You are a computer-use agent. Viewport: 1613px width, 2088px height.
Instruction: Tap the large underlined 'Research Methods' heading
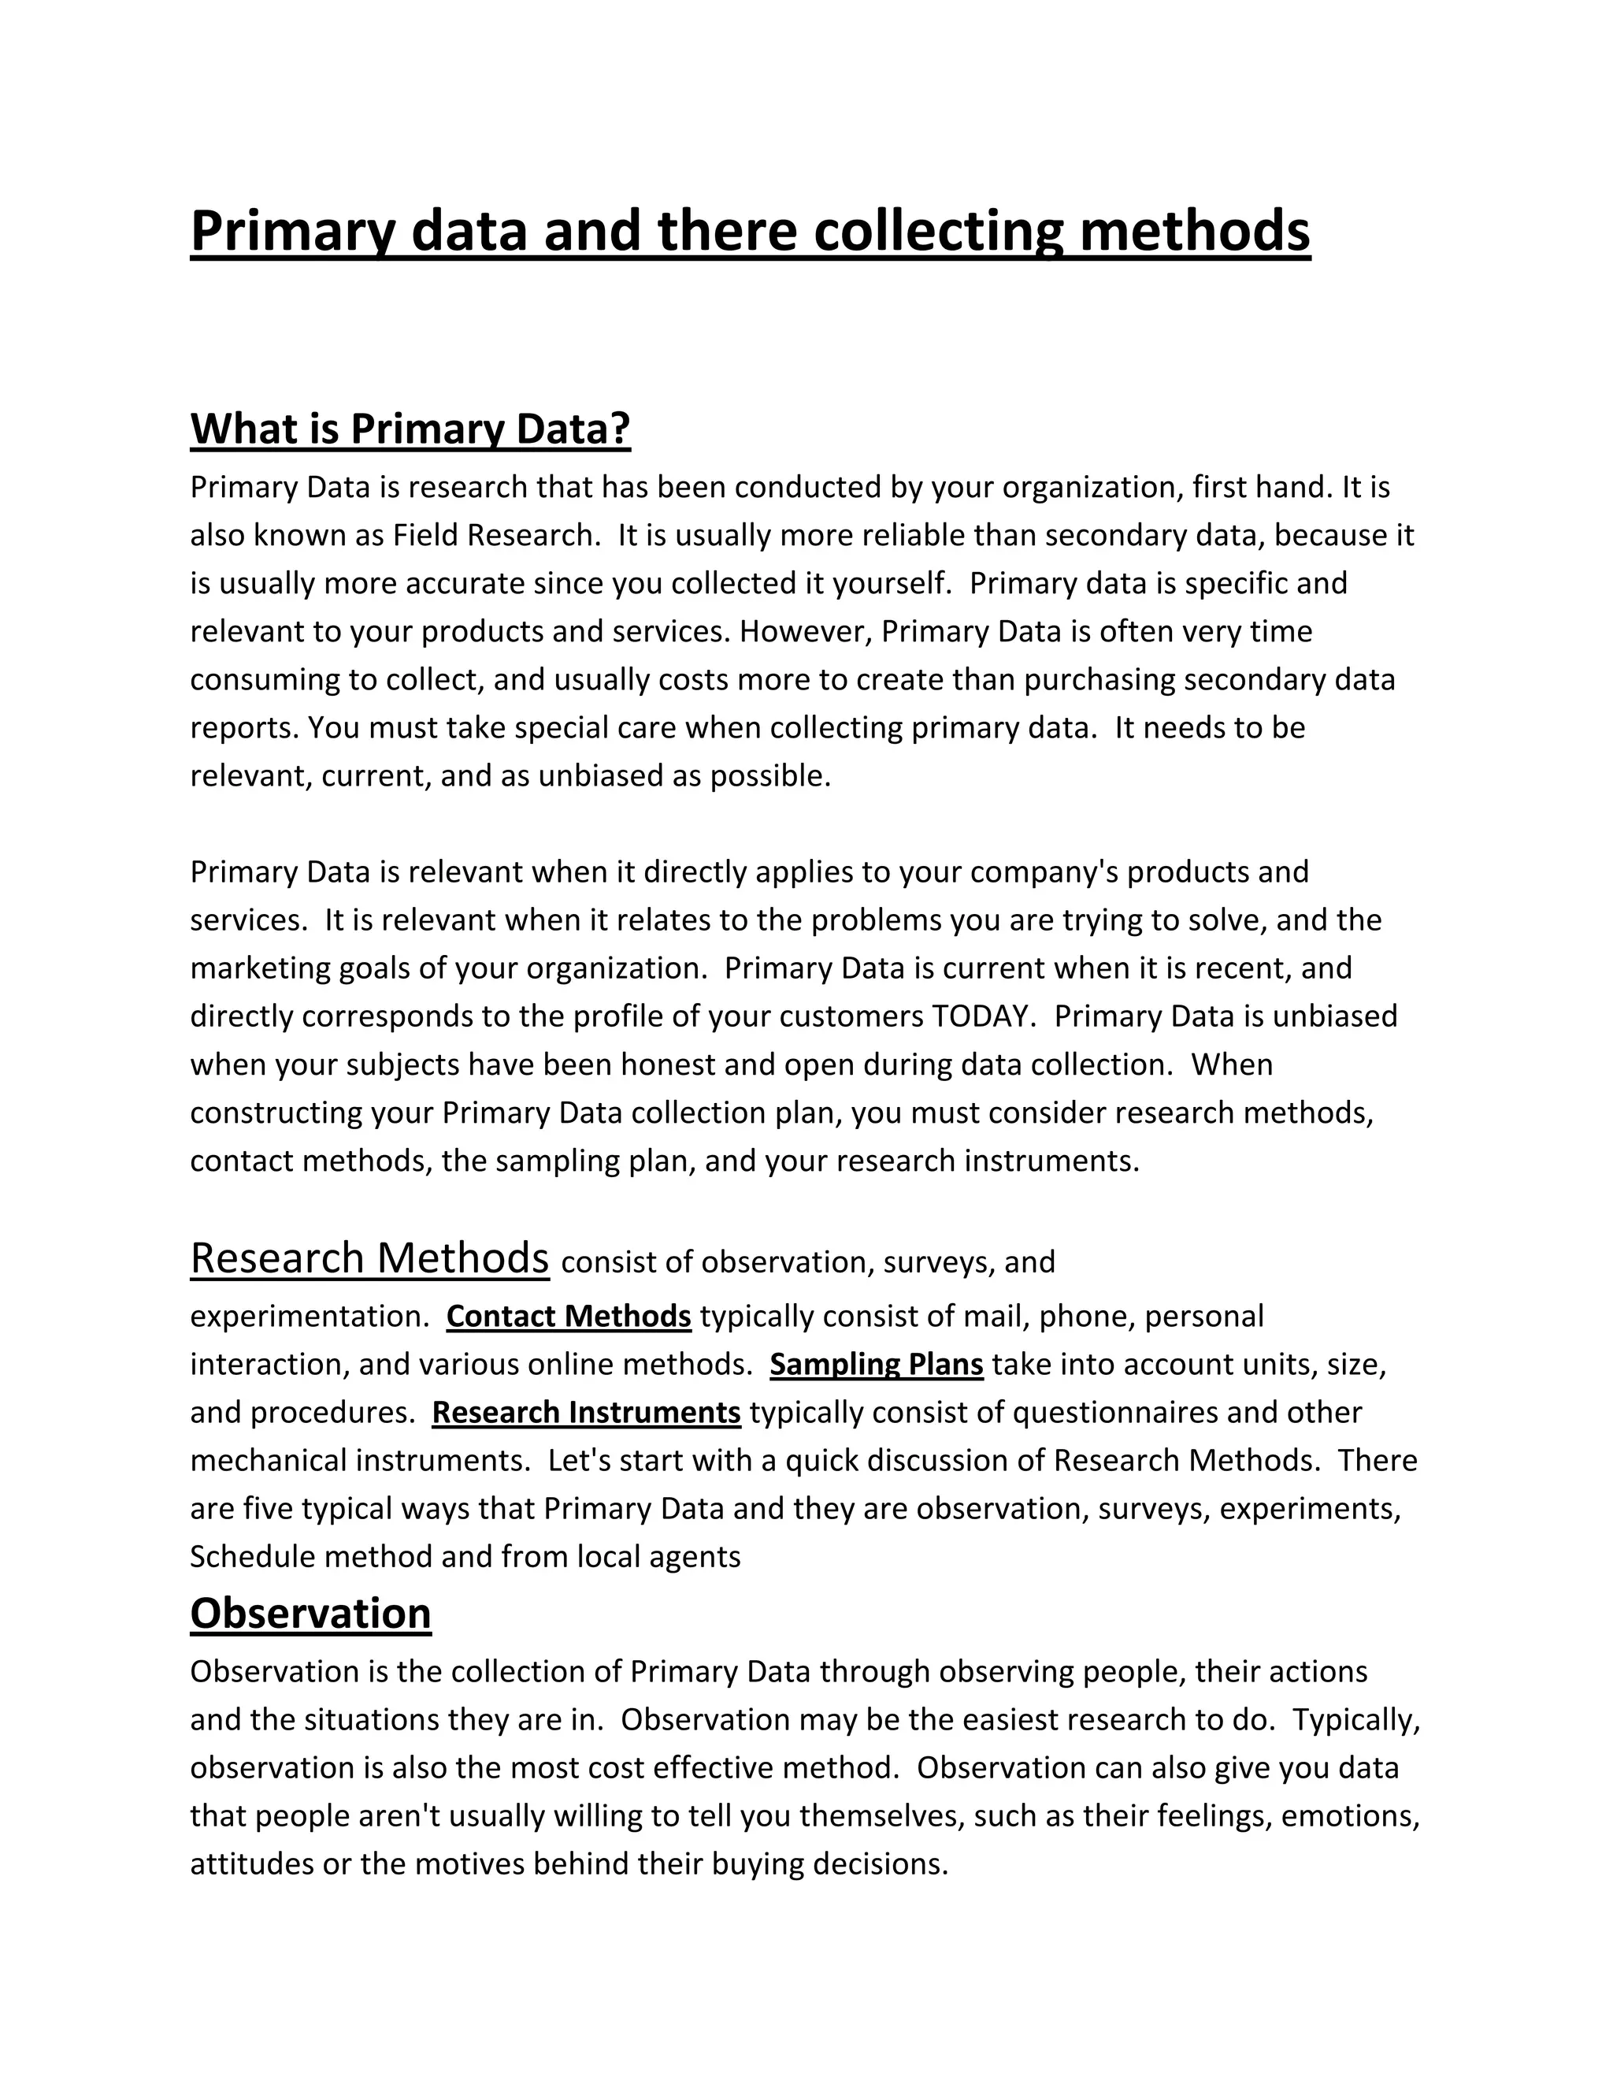[370, 1258]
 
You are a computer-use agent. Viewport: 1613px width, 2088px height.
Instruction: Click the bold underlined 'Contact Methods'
[569, 1317]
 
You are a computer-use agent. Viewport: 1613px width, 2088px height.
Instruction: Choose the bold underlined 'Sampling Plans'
[877, 1364]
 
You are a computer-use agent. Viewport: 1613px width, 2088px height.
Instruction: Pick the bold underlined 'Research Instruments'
[586, 1412]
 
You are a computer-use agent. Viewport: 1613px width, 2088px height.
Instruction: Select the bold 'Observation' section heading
[310, 1614]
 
